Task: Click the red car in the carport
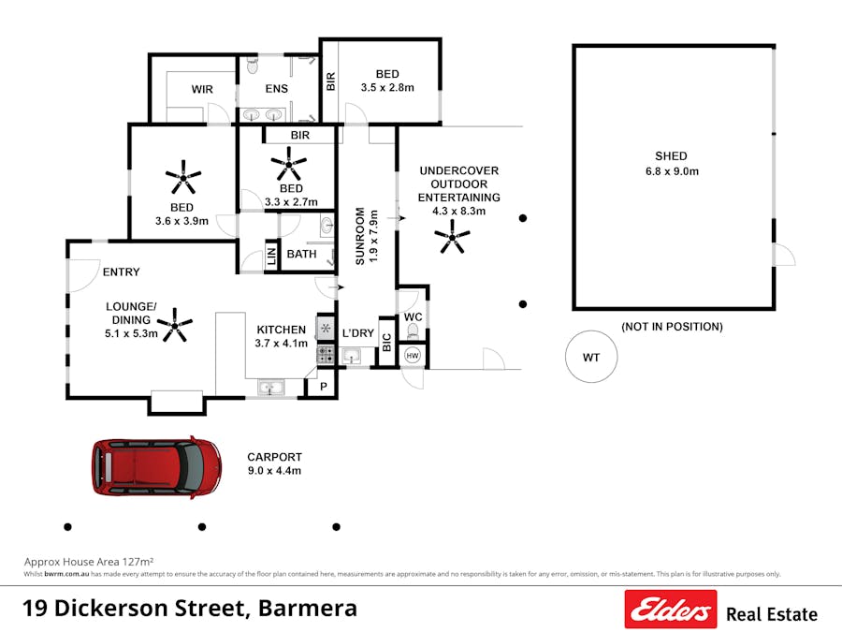[156, 466]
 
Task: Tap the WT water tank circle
[591, 357]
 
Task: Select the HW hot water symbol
[413, 356]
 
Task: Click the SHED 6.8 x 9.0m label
[672, 163]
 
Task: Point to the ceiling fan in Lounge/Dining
[175, 327]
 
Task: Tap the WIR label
[202, 89]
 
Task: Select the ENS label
[276, 89]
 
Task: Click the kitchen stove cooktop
[326, 355]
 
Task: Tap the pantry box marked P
[324, 387]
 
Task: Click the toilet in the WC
[413, 331]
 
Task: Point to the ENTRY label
[121, 272]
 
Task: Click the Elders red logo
[671, 610]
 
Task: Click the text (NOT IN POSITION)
[673, 327]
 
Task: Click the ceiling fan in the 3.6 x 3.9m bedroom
[183, 174]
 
